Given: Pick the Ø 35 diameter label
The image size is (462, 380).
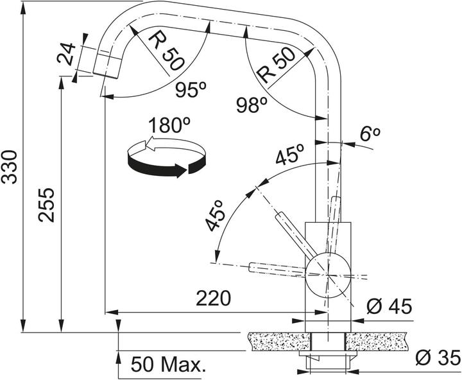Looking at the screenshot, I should (438, 356).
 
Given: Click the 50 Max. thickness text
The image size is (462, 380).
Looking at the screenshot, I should (169, 365).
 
